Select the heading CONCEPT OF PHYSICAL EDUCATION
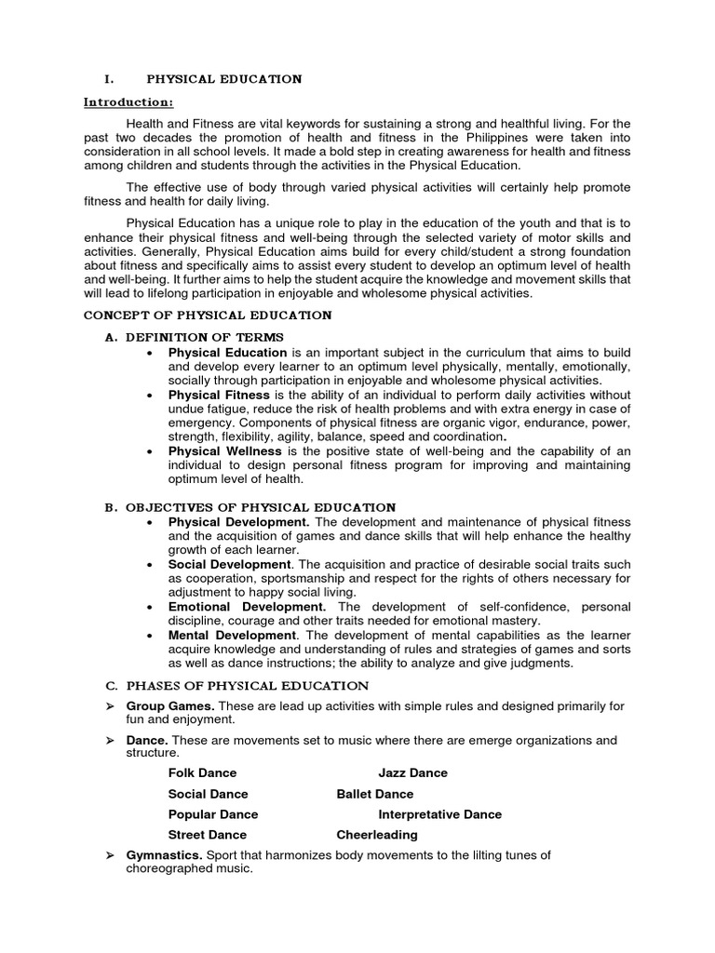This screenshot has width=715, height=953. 216,315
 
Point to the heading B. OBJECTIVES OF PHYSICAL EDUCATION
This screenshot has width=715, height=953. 260,507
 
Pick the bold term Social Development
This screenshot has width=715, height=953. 229,565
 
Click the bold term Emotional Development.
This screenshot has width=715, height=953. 247,607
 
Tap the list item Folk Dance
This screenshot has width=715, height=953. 202,772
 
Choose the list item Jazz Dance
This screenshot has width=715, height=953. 412,772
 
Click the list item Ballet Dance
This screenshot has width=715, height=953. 374,794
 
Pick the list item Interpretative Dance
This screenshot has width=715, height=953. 439,814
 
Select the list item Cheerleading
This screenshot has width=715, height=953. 376,835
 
